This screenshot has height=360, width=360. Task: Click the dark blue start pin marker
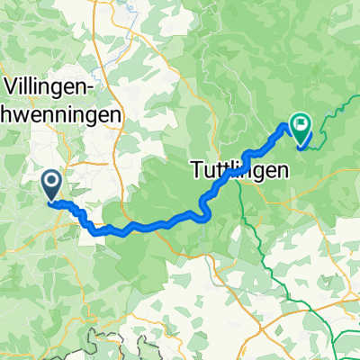tap(50, 186)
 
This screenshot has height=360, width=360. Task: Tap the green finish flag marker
tap(299, 131)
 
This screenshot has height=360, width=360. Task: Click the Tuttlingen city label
tap(239, 167)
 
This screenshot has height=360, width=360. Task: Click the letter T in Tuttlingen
tap(198, 167)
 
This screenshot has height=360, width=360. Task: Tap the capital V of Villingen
tap(14, 86)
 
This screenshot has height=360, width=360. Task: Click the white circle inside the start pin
tap(50, 183)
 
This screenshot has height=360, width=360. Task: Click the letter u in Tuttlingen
tap(209, 169)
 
